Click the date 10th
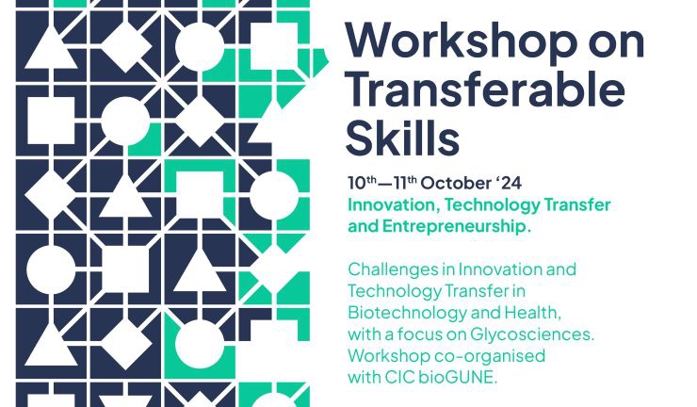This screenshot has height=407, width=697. (x=362, y=183)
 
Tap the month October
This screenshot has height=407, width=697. (x=456, y=184)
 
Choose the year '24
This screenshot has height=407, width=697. (x=509, y=183)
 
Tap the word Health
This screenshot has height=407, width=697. (x=532, y=312)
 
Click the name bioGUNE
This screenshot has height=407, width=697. (x=458, y=378)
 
